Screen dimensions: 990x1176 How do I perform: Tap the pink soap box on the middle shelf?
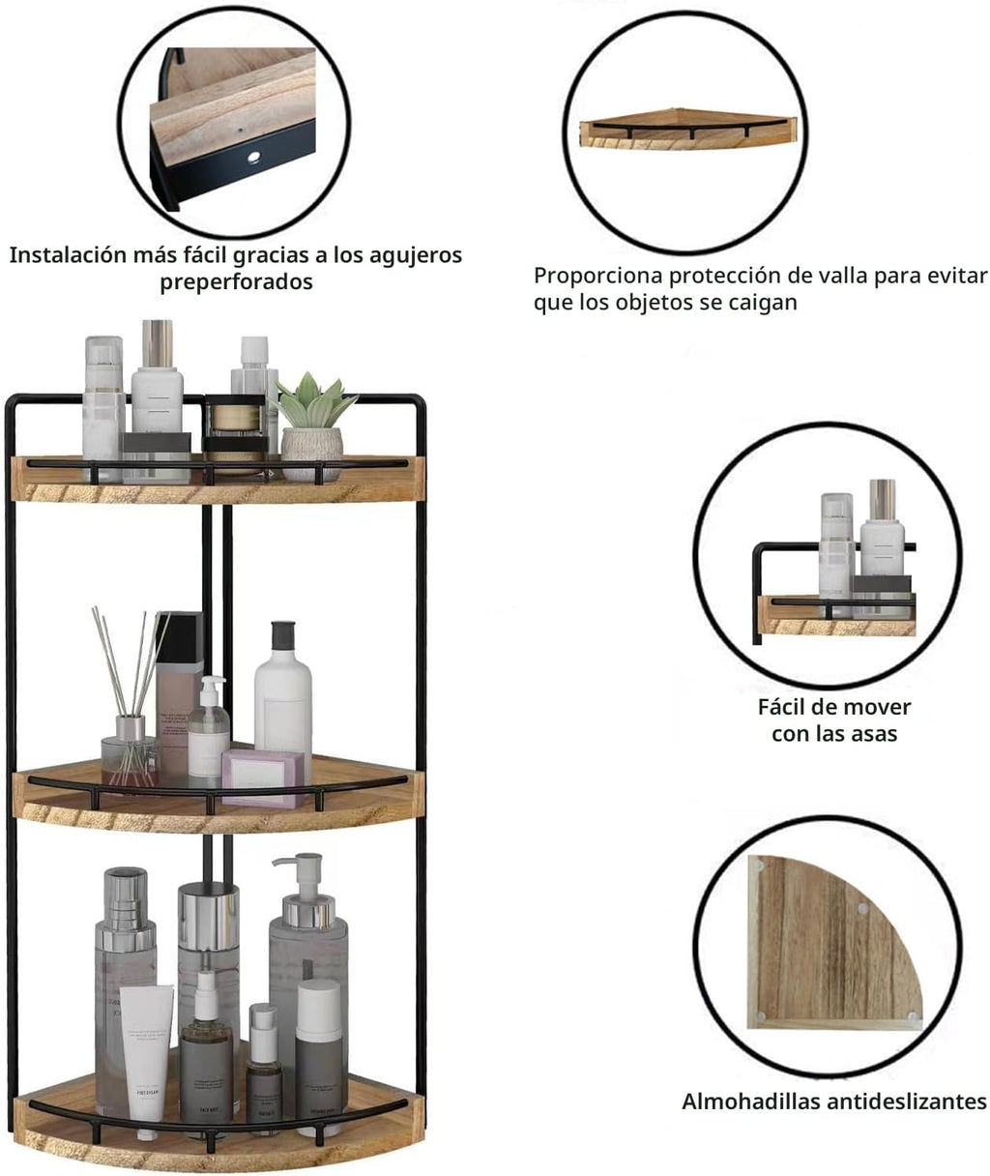[x=264, y=778]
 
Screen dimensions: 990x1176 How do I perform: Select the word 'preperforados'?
[x=237, y=281]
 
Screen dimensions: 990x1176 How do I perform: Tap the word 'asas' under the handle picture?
[x=875, y=734]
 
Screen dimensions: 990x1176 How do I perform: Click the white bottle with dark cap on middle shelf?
[x=282, y=687]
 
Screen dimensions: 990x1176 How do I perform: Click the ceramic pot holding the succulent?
[x=311, y=453]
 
